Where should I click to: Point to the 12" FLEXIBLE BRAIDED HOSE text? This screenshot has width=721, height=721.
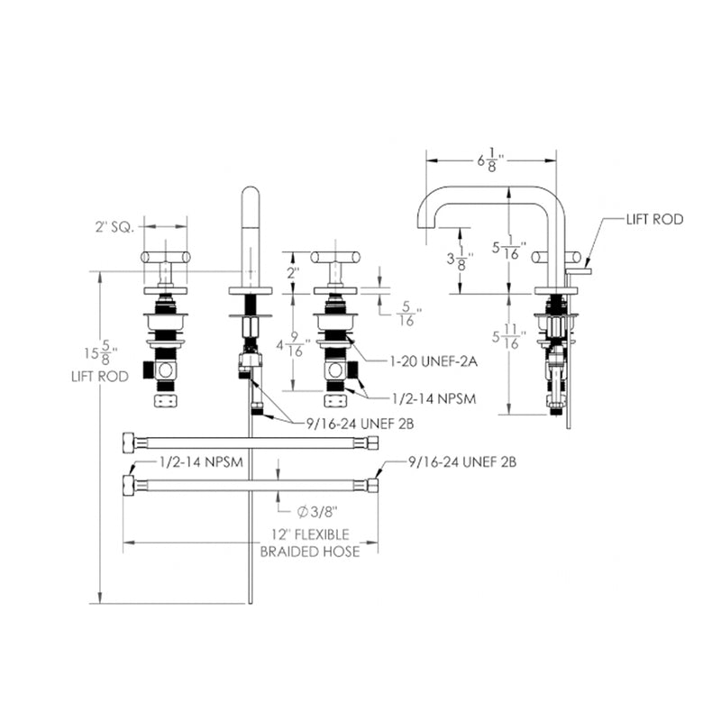click(309, 543)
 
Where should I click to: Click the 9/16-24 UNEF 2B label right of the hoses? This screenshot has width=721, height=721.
click(461, 462)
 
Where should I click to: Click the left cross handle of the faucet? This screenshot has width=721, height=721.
click(165, 258)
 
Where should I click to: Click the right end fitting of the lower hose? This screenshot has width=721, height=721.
click(372, 485)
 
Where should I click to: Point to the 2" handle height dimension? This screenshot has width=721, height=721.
click(291, 272)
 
